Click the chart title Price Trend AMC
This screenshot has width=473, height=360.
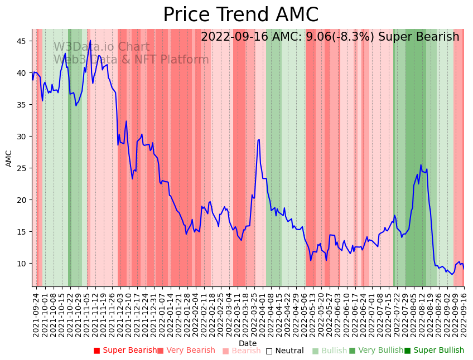[x=240, y=15]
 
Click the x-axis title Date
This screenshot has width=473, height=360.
[x=248, y=343]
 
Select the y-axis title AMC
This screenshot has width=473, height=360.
[x=9, y=158]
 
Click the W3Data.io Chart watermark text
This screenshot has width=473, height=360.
[x=102, y=47]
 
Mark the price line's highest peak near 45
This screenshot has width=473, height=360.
[x=90, y=40]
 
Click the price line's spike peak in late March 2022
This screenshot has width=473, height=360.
[x=259, y=139]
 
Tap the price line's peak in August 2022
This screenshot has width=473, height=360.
[x=421, y=165]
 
